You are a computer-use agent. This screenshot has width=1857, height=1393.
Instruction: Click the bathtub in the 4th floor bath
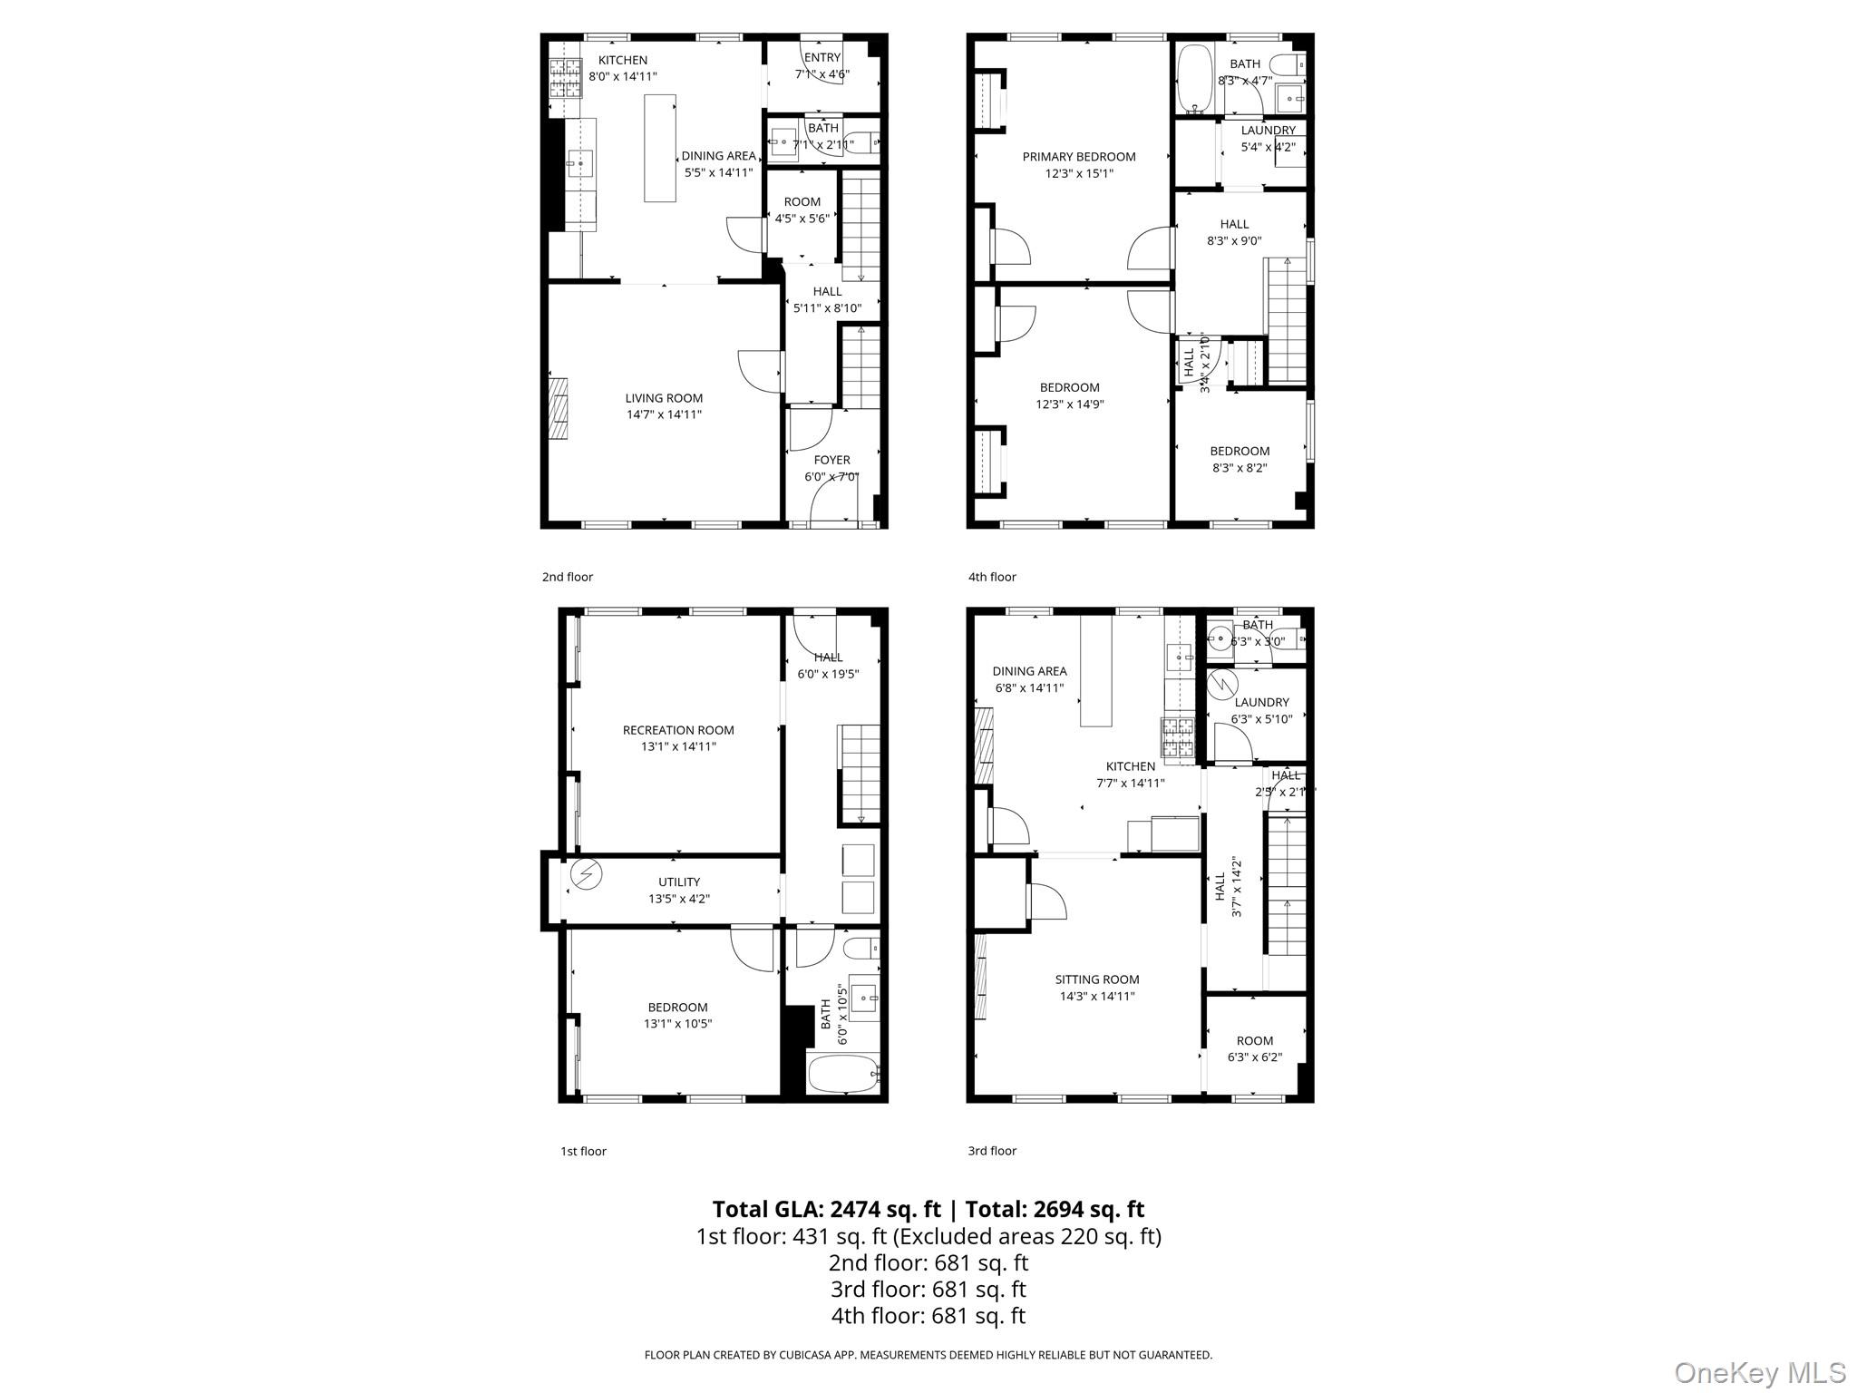point(1194,78)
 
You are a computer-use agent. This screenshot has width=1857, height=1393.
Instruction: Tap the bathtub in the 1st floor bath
point(843,1075)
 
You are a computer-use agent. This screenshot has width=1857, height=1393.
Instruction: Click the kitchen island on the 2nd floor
point(660,148)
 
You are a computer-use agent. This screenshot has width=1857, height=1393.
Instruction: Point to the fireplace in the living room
point(558,407)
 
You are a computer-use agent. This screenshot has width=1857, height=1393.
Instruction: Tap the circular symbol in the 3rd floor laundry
point(1223,685)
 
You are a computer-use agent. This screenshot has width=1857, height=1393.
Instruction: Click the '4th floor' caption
point(992,577)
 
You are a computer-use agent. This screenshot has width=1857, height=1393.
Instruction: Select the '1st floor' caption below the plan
point(583,1151)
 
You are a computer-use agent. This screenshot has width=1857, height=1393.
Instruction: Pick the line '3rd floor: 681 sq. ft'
point(928,1289)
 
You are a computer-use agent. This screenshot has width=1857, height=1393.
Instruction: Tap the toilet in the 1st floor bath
point(859,949)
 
